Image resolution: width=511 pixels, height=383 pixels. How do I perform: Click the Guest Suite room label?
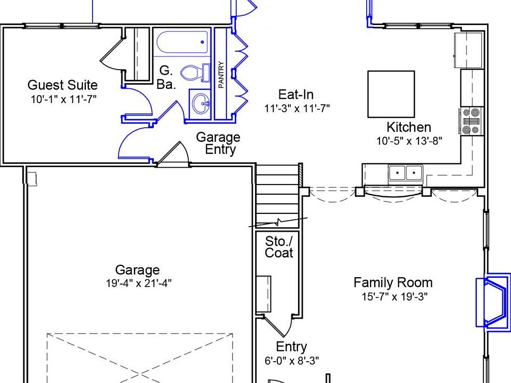coord(62,85)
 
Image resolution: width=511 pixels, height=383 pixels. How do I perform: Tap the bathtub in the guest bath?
coord(180,44)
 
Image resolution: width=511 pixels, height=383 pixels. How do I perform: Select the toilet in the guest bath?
coord(191,72)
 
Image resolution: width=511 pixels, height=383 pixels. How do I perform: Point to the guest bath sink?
coord(201,103)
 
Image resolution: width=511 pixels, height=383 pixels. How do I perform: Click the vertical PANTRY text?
coord(221,75)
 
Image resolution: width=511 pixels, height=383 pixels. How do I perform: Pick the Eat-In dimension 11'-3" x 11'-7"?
coord(297,109)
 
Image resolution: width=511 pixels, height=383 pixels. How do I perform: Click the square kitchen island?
coord(391,94)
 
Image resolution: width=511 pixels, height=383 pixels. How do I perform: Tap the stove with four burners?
coord(471,121)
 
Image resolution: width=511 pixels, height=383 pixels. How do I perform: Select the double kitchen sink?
coord(405,173)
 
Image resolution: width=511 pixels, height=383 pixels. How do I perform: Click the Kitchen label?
coord(409,128)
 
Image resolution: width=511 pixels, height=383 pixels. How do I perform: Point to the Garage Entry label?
coord(218,143)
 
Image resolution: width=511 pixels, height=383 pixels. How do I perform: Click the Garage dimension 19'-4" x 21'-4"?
coord(137,284)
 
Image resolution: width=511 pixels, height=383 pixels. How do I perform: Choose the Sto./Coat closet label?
coord(279,247)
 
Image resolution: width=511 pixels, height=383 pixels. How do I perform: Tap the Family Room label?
coord(393,282)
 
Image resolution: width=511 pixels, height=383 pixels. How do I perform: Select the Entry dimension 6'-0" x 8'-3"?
coord(292,361)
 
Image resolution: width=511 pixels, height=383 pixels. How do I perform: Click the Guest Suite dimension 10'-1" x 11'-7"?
coord(63,99)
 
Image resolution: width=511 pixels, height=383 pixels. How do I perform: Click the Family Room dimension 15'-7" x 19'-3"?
coord(394,297)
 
